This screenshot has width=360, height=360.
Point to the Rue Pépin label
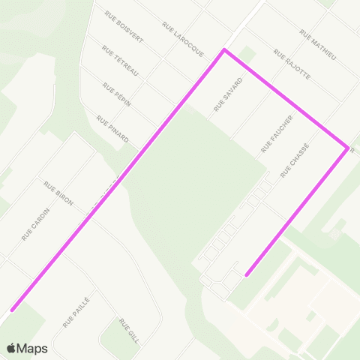pos(117,95)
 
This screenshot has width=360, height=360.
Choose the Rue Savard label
pos(229,94)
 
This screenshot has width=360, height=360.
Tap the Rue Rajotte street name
pos(292,64)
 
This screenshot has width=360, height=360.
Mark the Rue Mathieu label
pos(318,46)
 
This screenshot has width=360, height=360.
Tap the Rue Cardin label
pos(36,223)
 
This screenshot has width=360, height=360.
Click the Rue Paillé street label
pos(76,310)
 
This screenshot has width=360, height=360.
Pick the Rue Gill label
pos(129,330)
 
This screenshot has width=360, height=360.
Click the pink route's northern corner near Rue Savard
pos(223,50)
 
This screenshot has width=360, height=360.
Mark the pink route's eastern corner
pos(347,148)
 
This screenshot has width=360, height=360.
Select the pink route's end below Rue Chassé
pos(247,274)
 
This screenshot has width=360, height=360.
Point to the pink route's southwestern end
pos(12,308)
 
